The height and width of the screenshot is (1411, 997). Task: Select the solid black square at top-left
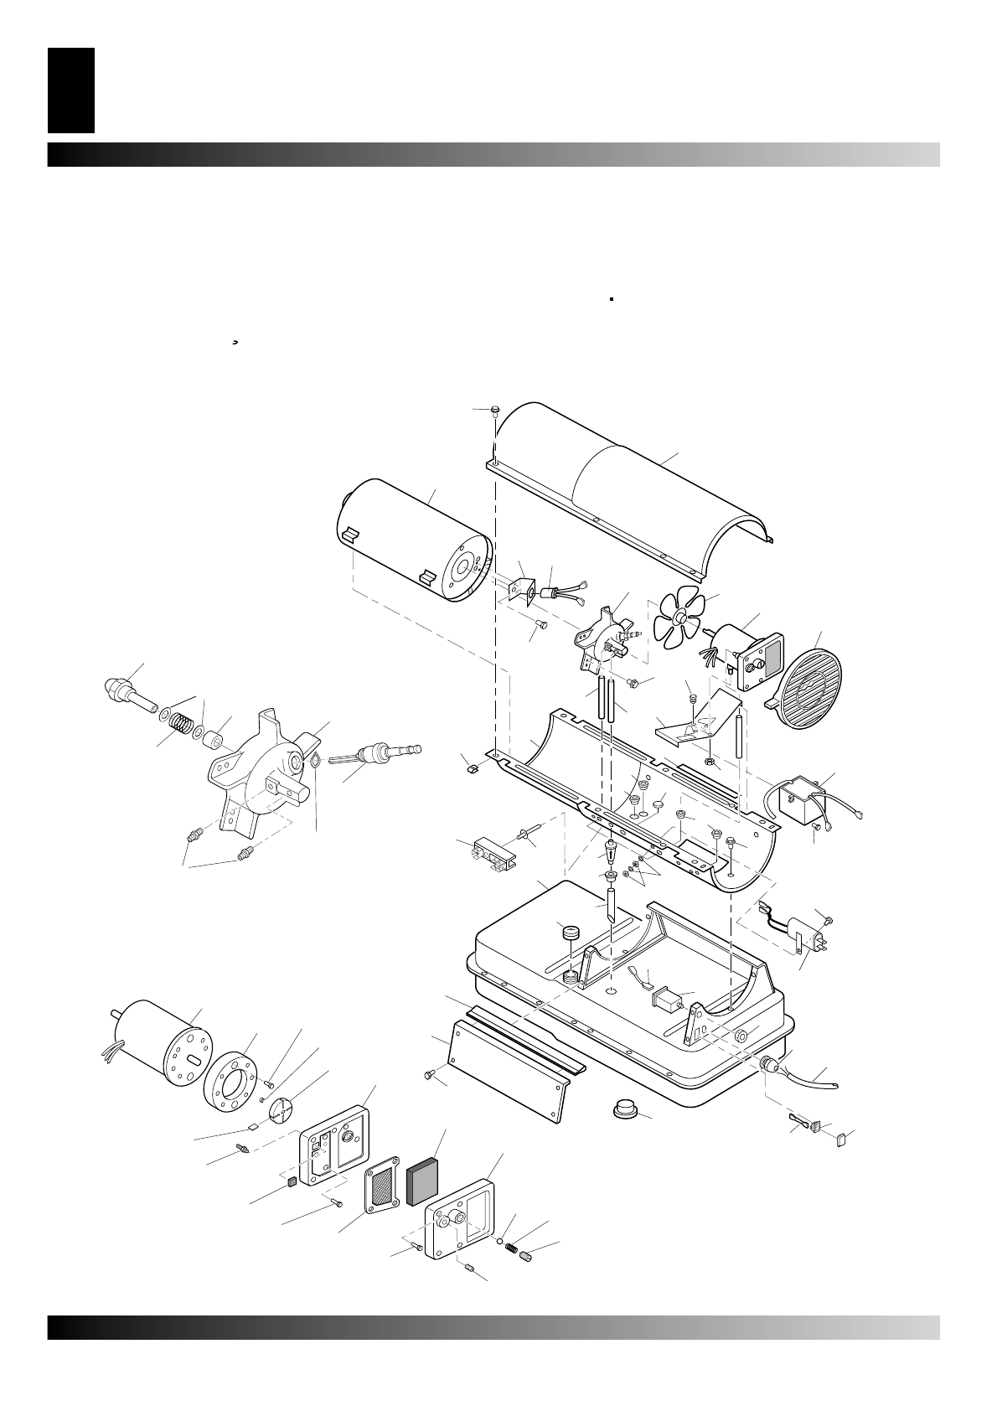tap(71, 90)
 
